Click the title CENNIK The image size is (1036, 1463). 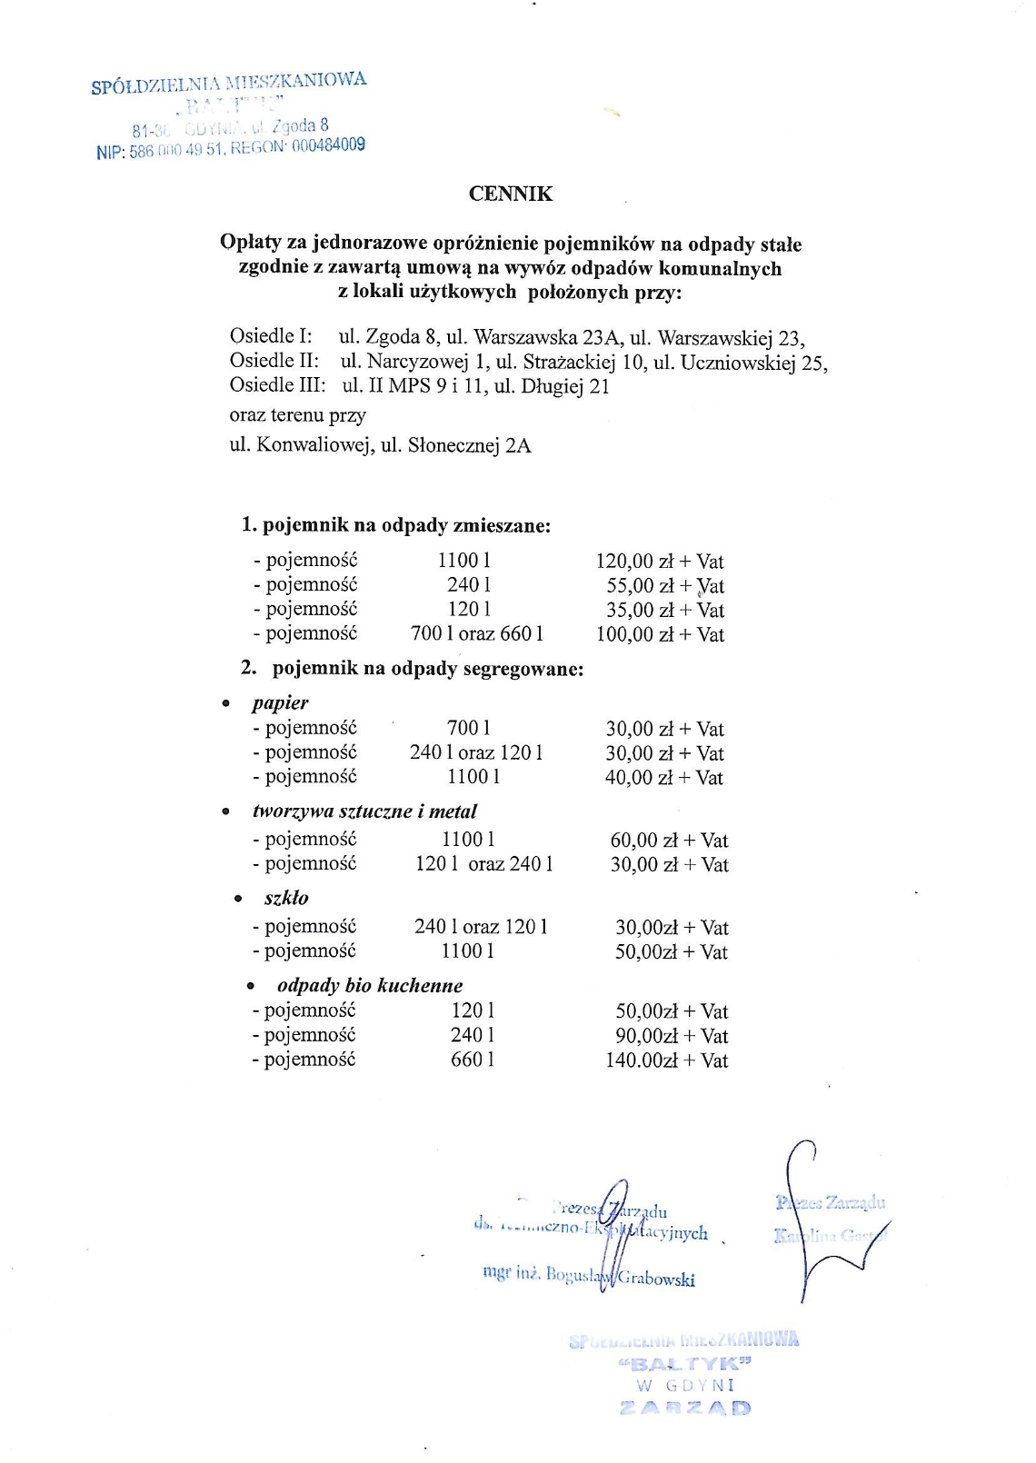tap(510, 194)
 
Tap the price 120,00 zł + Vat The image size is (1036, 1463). tap(660, 562)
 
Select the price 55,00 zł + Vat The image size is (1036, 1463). tap(665, 586)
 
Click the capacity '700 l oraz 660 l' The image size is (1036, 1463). tap(477, 633)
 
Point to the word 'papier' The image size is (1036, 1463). tap(281, 702)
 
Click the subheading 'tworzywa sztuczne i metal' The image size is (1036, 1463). tap(364, 811)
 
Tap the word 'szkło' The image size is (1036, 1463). tap(286, 898)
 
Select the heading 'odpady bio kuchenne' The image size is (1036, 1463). tap(370, 986)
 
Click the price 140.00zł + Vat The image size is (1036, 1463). tap(667, 1060)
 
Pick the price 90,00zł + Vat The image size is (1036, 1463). tap(672, 1036)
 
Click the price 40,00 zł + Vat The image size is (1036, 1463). tap(664, 778)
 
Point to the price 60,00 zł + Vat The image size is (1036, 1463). tap(669, 841)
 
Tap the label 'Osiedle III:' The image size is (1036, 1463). tap(277, 385)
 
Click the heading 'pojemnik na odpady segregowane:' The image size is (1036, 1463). tap(428, 669)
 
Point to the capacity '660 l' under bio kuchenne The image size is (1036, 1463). tap(473, 1060)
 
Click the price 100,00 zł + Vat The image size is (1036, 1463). tap(660, 634)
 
